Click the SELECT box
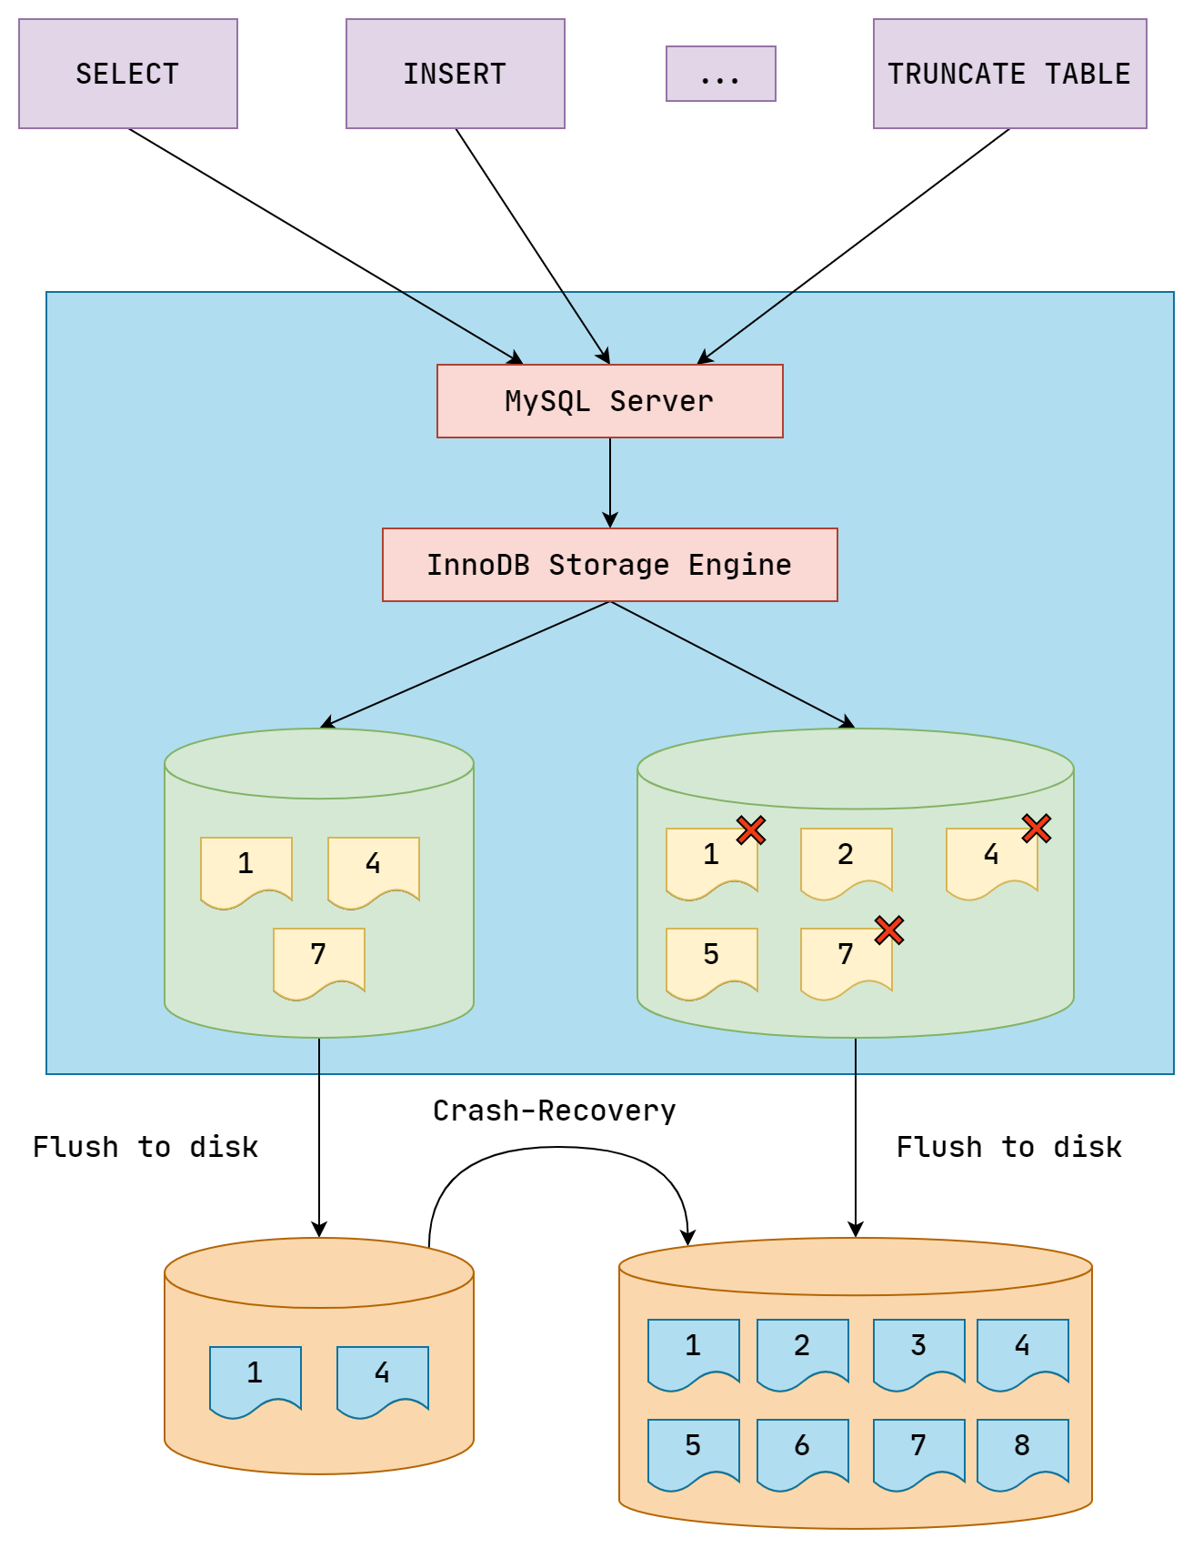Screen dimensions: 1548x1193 coord(128,74)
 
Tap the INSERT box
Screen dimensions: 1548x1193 coord(456,74)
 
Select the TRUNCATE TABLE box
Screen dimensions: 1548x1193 coord(1009,74)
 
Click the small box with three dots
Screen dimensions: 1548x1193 coord(720,74)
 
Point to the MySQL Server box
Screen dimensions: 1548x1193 coord(609,401)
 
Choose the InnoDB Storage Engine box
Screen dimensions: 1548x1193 coord(609,565)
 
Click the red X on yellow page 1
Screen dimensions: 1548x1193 coord(751,829)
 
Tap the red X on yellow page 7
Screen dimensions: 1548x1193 coord(889,930)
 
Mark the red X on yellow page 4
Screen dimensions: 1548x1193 coord(1037,828)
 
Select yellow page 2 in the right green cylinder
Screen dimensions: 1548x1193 coord(846,859)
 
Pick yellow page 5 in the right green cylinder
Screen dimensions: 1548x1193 coord(711,960)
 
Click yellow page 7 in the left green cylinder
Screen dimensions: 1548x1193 coord(318,960)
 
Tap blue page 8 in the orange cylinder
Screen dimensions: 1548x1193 coord(1022,1451)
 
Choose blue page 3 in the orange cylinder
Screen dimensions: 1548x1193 coord(918,1351)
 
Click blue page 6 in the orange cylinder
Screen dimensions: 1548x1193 coord(802,1451)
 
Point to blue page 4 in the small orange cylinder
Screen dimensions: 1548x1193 coord(382,1378)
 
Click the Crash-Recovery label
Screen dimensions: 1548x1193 coord(554,1111)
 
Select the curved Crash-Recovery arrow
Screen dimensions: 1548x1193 coord(556,1148)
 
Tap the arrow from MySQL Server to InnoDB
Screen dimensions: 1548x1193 coord(610,482)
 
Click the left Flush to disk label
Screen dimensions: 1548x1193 coord(145,1147)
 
